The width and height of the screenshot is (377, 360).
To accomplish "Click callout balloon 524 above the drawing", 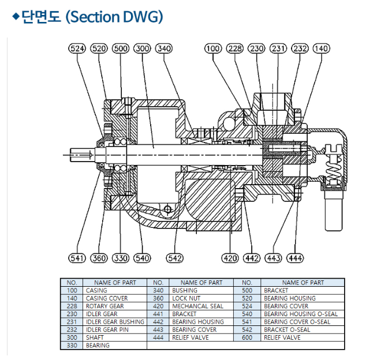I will (77, 48).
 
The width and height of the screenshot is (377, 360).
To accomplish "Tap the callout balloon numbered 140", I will (320, 48).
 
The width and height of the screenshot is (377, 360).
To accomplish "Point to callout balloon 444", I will (294, 258).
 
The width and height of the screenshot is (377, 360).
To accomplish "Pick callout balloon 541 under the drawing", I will (77, 258).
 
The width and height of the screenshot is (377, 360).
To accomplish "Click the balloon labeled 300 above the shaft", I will (142, 48).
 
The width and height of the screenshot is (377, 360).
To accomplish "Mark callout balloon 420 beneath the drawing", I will (230, 258).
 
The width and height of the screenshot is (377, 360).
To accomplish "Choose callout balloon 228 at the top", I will (235, 48).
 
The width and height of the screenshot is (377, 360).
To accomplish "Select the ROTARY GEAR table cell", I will (104, 306).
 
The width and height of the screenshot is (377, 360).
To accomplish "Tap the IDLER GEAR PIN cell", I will (107, 330).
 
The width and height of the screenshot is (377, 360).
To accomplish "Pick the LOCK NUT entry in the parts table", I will (186, 298).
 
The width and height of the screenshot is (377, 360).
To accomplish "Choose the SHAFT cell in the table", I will (95, 337).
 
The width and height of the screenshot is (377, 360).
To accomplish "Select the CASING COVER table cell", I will (107, 298).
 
